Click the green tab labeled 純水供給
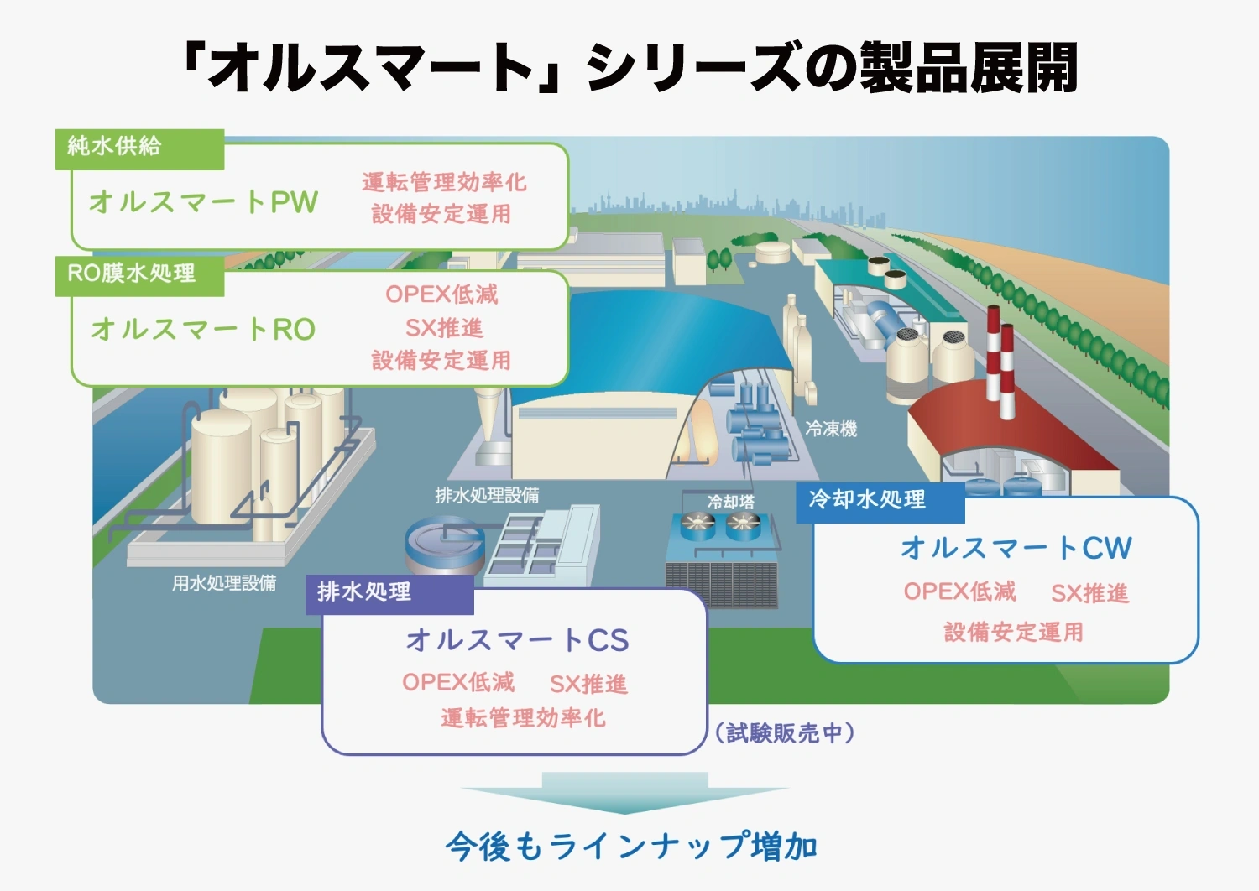coord(139,149)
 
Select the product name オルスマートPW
coord(203,201)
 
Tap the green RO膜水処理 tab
coord(139,275)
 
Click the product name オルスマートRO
coord(203,329)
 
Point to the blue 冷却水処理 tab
coord(880,503)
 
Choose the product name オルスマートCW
coord(1016,548)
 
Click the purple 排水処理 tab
coord(389,594)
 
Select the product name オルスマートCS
coord(517,640)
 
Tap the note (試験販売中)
coord(785,732)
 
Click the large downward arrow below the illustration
coord(624,794)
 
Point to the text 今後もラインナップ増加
coord(630,847)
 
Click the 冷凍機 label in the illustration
coord(831,430)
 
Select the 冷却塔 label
coord(731,501)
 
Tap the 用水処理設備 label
coord(224,583)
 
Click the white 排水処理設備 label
coord(487,495)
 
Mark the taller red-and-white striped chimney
coord(993,353)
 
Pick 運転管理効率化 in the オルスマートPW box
coord(444,182)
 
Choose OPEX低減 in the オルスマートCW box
coord(960,591)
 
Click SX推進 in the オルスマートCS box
coord(588,684)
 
